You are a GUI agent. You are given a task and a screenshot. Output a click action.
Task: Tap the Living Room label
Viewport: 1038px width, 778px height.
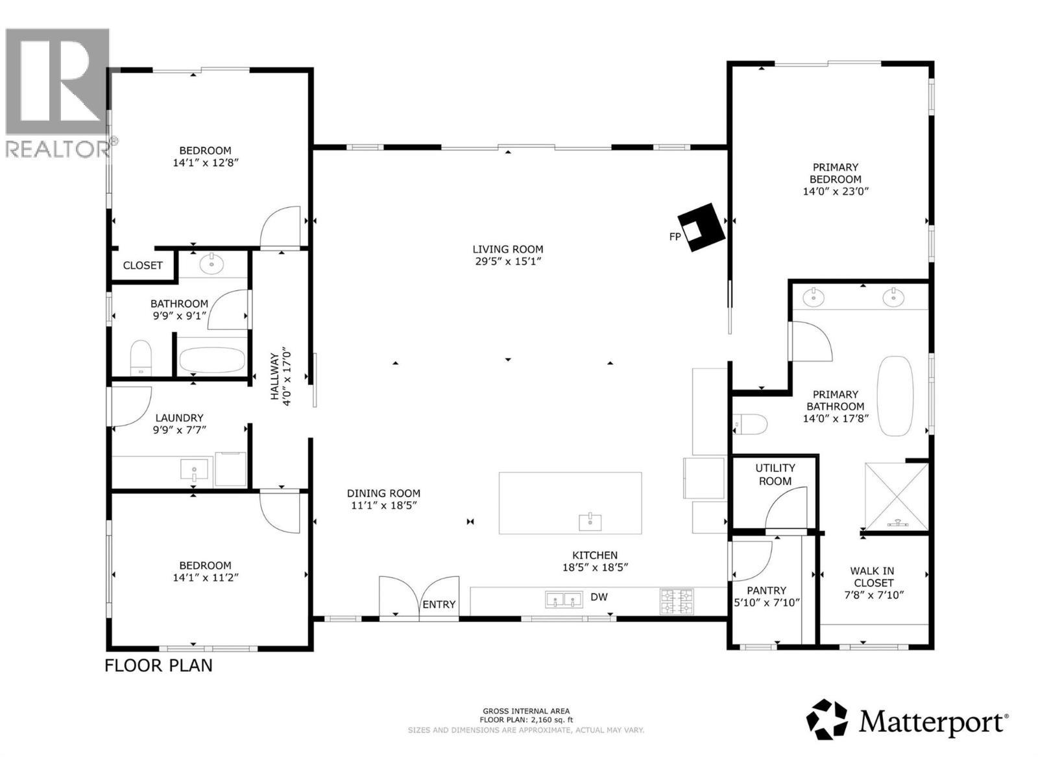coord(507,249)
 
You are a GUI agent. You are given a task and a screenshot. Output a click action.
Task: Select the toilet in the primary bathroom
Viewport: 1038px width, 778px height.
coord(751,425)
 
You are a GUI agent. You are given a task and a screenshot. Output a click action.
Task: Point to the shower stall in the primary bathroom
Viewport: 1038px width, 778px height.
coord(897,496)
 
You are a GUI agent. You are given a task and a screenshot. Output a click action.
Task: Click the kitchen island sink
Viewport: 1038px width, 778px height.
coord(590,521)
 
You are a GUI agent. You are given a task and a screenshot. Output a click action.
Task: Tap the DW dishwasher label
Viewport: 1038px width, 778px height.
coord(599,596)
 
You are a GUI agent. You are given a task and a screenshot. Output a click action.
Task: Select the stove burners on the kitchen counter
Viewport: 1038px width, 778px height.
coord(677,601)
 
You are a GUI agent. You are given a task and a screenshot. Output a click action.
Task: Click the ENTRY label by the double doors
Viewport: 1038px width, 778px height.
coord(439,604)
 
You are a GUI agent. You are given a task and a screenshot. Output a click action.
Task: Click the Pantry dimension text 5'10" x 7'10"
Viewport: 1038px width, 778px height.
coord(766,602)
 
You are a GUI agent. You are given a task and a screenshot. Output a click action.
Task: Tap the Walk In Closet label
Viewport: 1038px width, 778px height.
coord(872,576)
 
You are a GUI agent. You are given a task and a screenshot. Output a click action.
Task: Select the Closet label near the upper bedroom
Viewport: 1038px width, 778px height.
coord(143,265)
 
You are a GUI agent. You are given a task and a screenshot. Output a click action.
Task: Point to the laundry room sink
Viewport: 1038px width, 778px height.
coord(194,469)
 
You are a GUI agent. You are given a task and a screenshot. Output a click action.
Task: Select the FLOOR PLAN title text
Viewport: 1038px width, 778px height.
coord(158,665)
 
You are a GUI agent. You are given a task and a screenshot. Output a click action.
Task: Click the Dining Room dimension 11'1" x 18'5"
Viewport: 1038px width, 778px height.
coord(383,506)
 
